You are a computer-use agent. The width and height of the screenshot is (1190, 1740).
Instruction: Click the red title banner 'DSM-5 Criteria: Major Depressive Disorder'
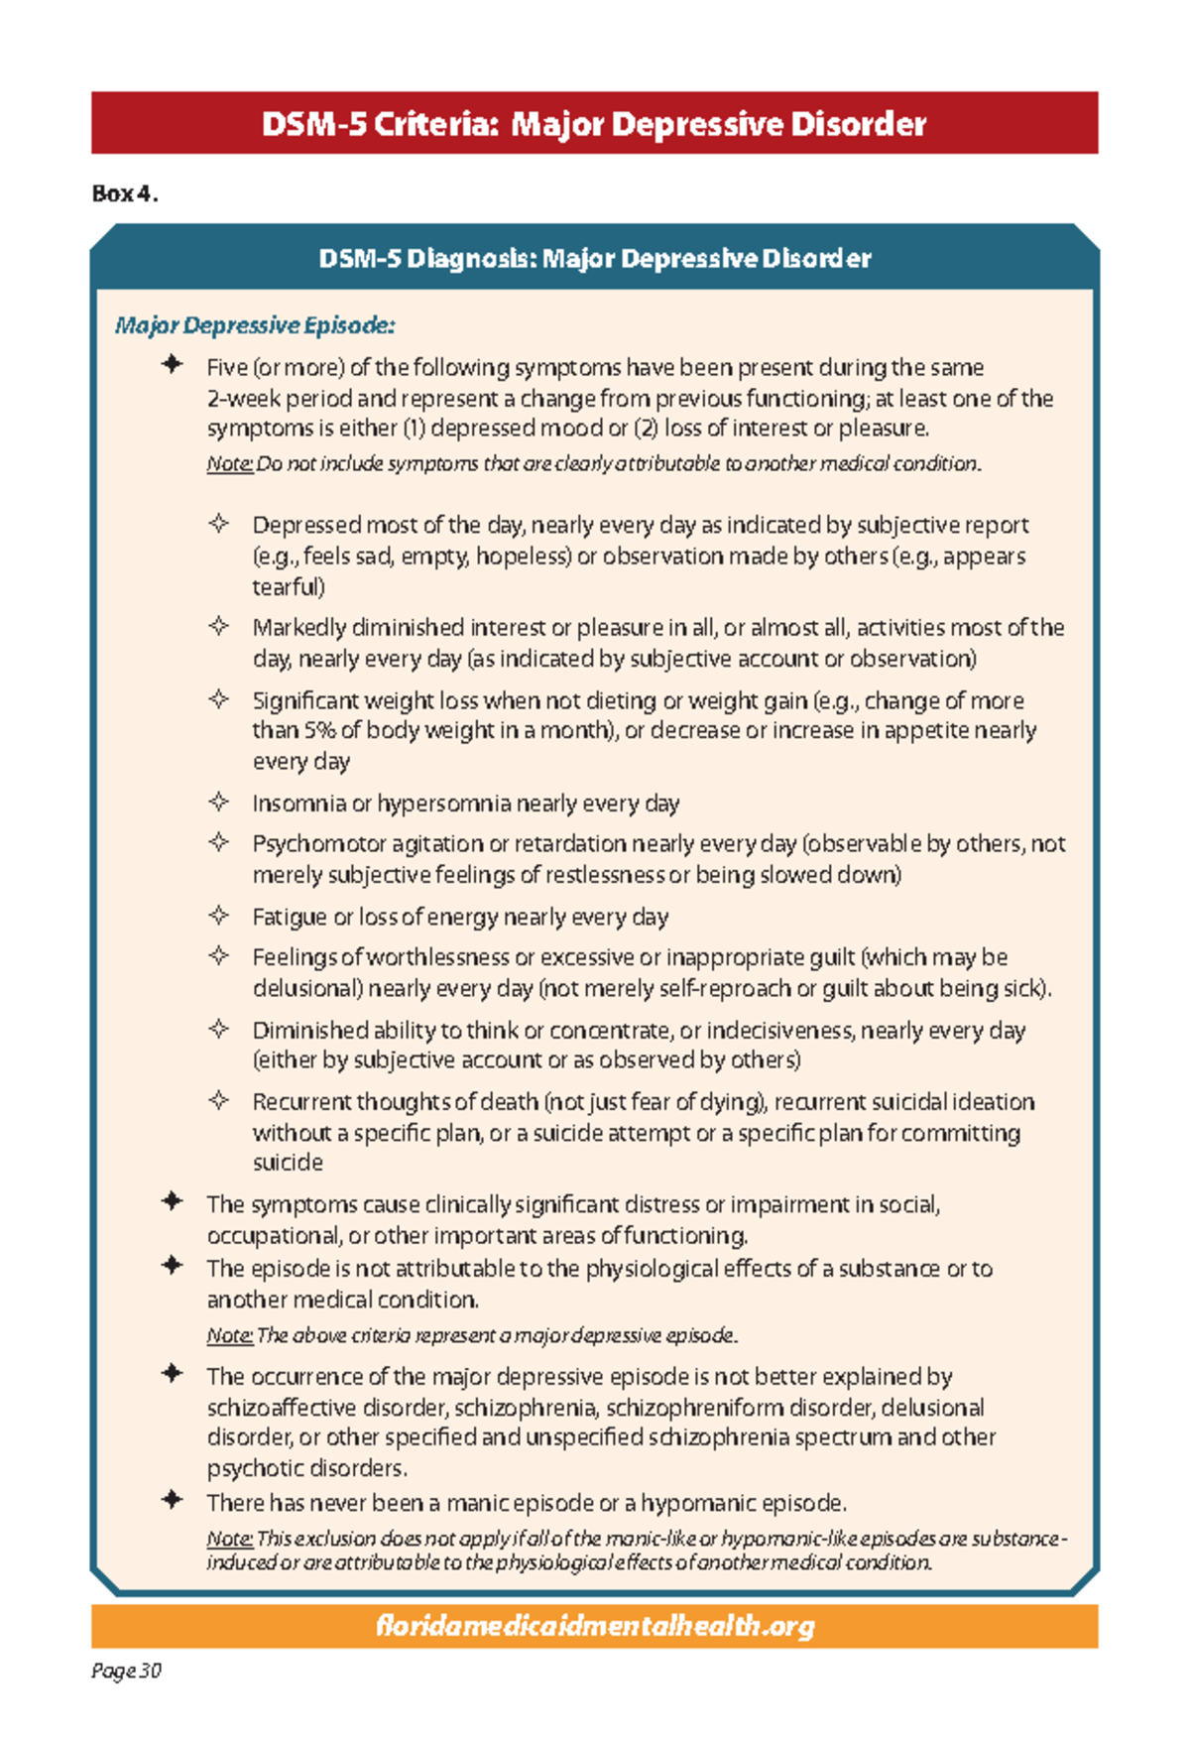594,124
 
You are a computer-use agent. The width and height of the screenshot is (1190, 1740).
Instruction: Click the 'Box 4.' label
125,193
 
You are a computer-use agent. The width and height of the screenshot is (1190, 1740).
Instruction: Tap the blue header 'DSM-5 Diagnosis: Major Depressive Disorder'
594,259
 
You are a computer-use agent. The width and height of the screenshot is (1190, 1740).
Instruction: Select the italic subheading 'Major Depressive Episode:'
255,325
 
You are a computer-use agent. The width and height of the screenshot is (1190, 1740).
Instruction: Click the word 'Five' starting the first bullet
226,368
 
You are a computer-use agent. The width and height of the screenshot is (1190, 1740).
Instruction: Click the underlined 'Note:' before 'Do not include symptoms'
229,463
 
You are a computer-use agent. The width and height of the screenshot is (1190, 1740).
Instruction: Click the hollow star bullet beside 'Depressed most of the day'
219,524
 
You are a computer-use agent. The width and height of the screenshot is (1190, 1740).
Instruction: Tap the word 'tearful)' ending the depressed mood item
288,586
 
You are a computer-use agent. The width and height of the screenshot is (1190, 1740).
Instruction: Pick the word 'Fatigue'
289,917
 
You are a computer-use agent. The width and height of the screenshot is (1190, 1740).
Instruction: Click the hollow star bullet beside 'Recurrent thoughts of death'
219,1100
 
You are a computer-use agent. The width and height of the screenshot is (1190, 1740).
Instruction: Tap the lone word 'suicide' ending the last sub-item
288,1162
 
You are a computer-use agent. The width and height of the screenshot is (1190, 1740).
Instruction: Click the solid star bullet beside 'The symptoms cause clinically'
173,1201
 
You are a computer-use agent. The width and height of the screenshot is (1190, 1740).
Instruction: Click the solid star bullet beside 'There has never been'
173,1500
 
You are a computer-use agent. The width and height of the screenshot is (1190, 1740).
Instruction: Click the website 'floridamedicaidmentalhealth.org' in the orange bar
595,1626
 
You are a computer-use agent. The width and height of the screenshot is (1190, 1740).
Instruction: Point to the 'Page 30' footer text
126,1671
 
